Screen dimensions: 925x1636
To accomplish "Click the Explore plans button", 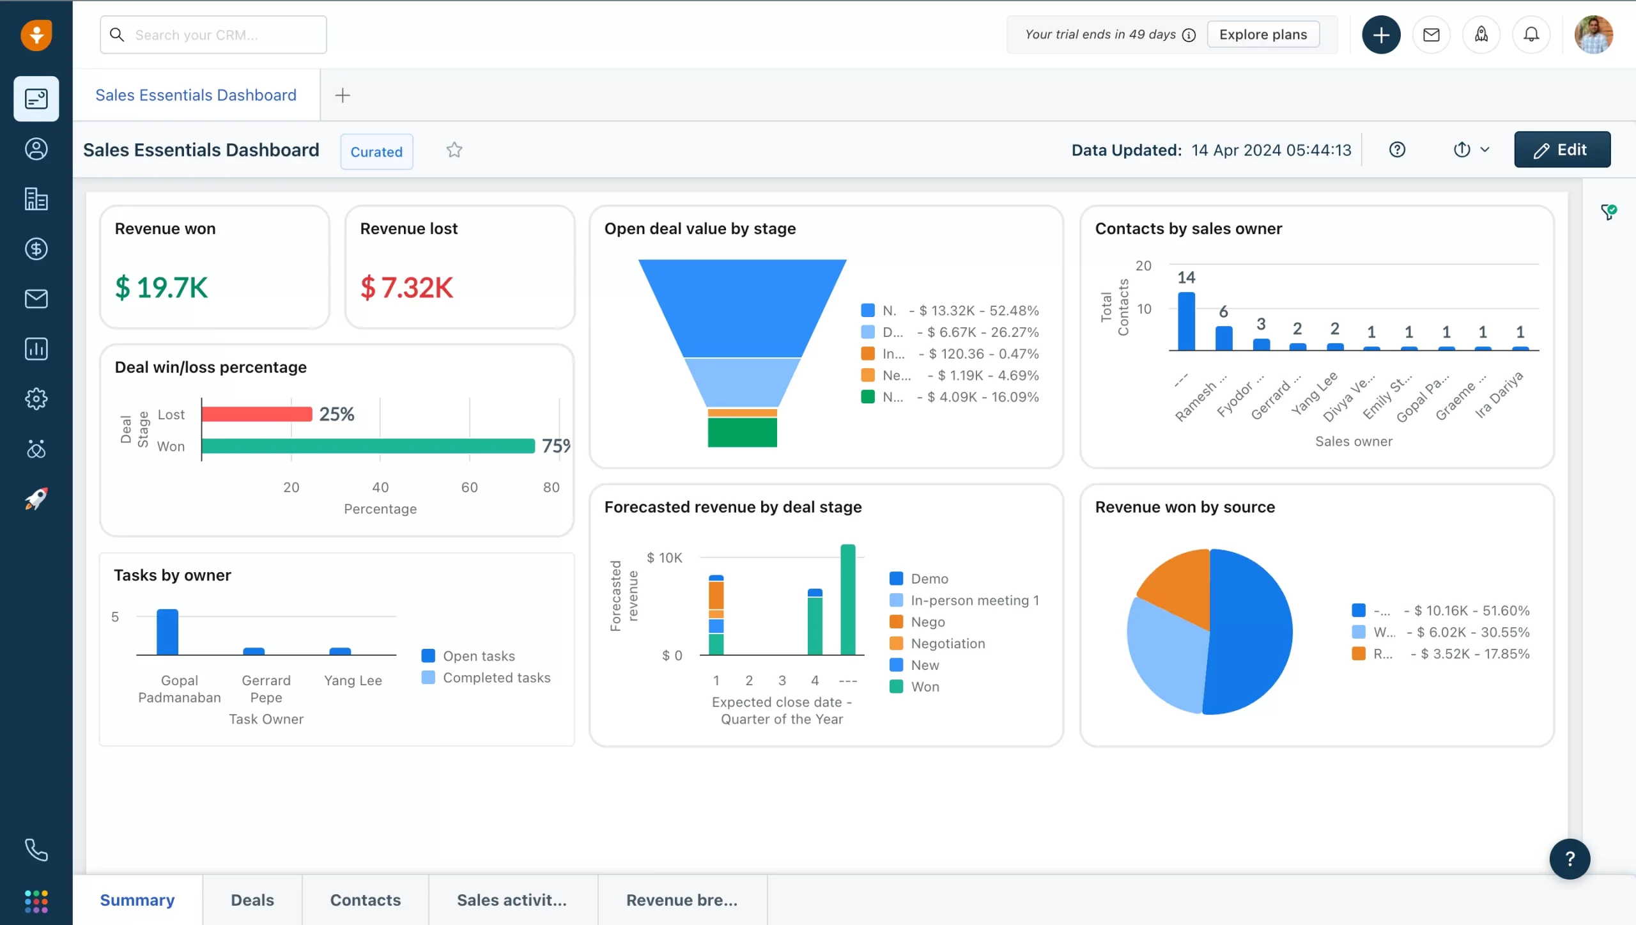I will click(x=1263, y=35).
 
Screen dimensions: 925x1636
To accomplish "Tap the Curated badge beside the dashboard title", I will click(x=376, y=152).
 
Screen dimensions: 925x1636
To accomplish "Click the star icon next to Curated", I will click(x=454, y=150).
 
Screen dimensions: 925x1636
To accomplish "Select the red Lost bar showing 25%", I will click(x=257, y=414).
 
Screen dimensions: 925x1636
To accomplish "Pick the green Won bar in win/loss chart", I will click(x=368, y=446).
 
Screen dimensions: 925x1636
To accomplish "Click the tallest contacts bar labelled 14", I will click(x=1186, y=321).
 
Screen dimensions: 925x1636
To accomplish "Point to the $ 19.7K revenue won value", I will click(x=162, y=288).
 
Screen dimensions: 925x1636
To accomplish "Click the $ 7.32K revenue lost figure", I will click(x=407, y=288).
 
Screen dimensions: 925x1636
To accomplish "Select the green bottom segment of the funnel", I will click(x=742, y=433).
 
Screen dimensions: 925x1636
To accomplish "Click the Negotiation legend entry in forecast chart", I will click(x=947, y=644).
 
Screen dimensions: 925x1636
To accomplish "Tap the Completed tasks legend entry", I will click(x=496, y=678).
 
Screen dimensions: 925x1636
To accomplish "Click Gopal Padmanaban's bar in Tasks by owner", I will click(x=167, y=632).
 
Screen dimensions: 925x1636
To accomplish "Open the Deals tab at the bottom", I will click(x=252, y=900).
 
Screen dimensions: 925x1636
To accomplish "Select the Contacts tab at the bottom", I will click(x=365, y=900).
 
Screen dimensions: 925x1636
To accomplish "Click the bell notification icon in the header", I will click(x=1531, y=35).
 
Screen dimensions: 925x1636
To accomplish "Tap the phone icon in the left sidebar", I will click(x=36, y=850).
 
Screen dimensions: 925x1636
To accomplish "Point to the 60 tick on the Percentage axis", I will click(x=469, y=487).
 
